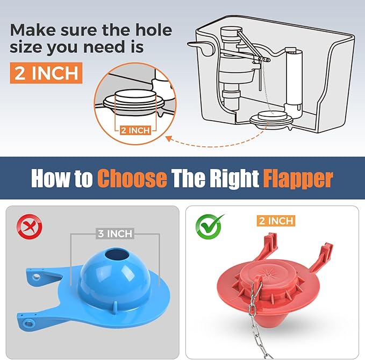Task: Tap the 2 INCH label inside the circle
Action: click(135, 130)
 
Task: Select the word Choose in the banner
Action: click(132, 178)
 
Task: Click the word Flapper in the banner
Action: click(298, 178)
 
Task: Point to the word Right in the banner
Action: click(231, 178)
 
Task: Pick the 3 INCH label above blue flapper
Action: click(115, 234)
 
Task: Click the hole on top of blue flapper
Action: click(114, 254)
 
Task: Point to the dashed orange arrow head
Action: click(168, 139)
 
